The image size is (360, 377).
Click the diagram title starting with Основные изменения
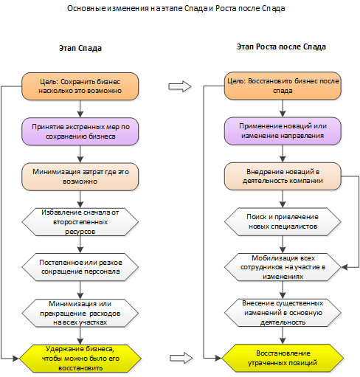(x=176, y=8)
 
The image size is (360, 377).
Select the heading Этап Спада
(x=80, y=48)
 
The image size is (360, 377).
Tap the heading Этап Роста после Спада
(x=281, y=46)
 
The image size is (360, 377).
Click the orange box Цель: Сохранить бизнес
(x=80, y=86)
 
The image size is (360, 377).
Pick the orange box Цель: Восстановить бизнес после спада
(x=283, y=86)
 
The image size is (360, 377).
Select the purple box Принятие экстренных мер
(x=80, y=131)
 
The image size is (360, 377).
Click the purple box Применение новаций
(x=283, y=131)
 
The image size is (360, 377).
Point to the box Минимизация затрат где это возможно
(x=80, y=176)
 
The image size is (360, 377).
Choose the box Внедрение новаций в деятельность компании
(x=283, y=176)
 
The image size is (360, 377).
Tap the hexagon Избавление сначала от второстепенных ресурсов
(x=80, y=222)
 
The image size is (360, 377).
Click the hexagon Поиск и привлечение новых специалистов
(x=283, y=221)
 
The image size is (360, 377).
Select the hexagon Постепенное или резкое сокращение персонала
(x=80, y=267)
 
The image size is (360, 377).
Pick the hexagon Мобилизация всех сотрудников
(x=283, y=267)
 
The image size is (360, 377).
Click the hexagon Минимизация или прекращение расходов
(x=80, y=313)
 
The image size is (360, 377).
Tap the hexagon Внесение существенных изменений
(x=283, y=313)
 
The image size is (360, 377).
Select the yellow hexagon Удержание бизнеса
(x=80, y=359)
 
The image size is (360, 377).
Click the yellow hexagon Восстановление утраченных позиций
(x=283, y=358)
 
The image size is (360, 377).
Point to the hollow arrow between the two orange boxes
(x=180, y=86)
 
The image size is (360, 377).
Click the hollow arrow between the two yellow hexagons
(x=181, y=358)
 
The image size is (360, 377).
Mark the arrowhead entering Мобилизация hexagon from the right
(x=345, y=267)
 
